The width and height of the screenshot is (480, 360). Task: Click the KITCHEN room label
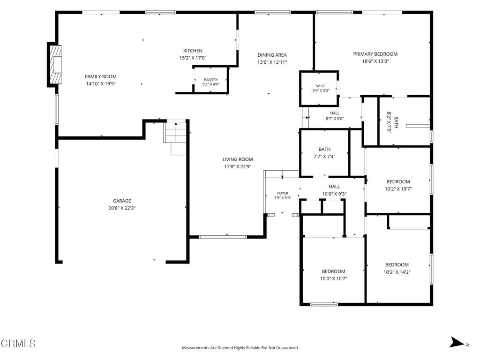(193, 51)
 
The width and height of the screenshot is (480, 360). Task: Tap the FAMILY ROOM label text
(101, 76)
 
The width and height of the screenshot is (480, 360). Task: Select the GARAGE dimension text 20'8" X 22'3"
(122, 208)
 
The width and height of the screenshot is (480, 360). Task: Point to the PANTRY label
(211, 80)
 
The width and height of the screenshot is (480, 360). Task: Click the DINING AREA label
(272, 55)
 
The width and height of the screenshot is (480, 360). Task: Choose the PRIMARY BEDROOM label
(375, 54)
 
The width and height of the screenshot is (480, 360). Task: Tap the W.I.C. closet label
(321, 86)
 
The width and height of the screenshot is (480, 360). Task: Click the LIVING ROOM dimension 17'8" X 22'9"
(238, 167)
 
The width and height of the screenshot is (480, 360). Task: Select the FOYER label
(283, 193)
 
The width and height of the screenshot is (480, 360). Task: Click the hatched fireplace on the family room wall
(56, 65)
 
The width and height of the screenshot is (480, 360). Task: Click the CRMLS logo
(18, 344)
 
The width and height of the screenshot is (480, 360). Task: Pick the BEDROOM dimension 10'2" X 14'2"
(397, 272)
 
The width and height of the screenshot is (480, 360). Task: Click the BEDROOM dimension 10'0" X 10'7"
(334, 279)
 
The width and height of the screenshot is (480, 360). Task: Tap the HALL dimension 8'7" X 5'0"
(335, 119)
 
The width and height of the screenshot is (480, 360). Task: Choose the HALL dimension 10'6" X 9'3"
(334, 194)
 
